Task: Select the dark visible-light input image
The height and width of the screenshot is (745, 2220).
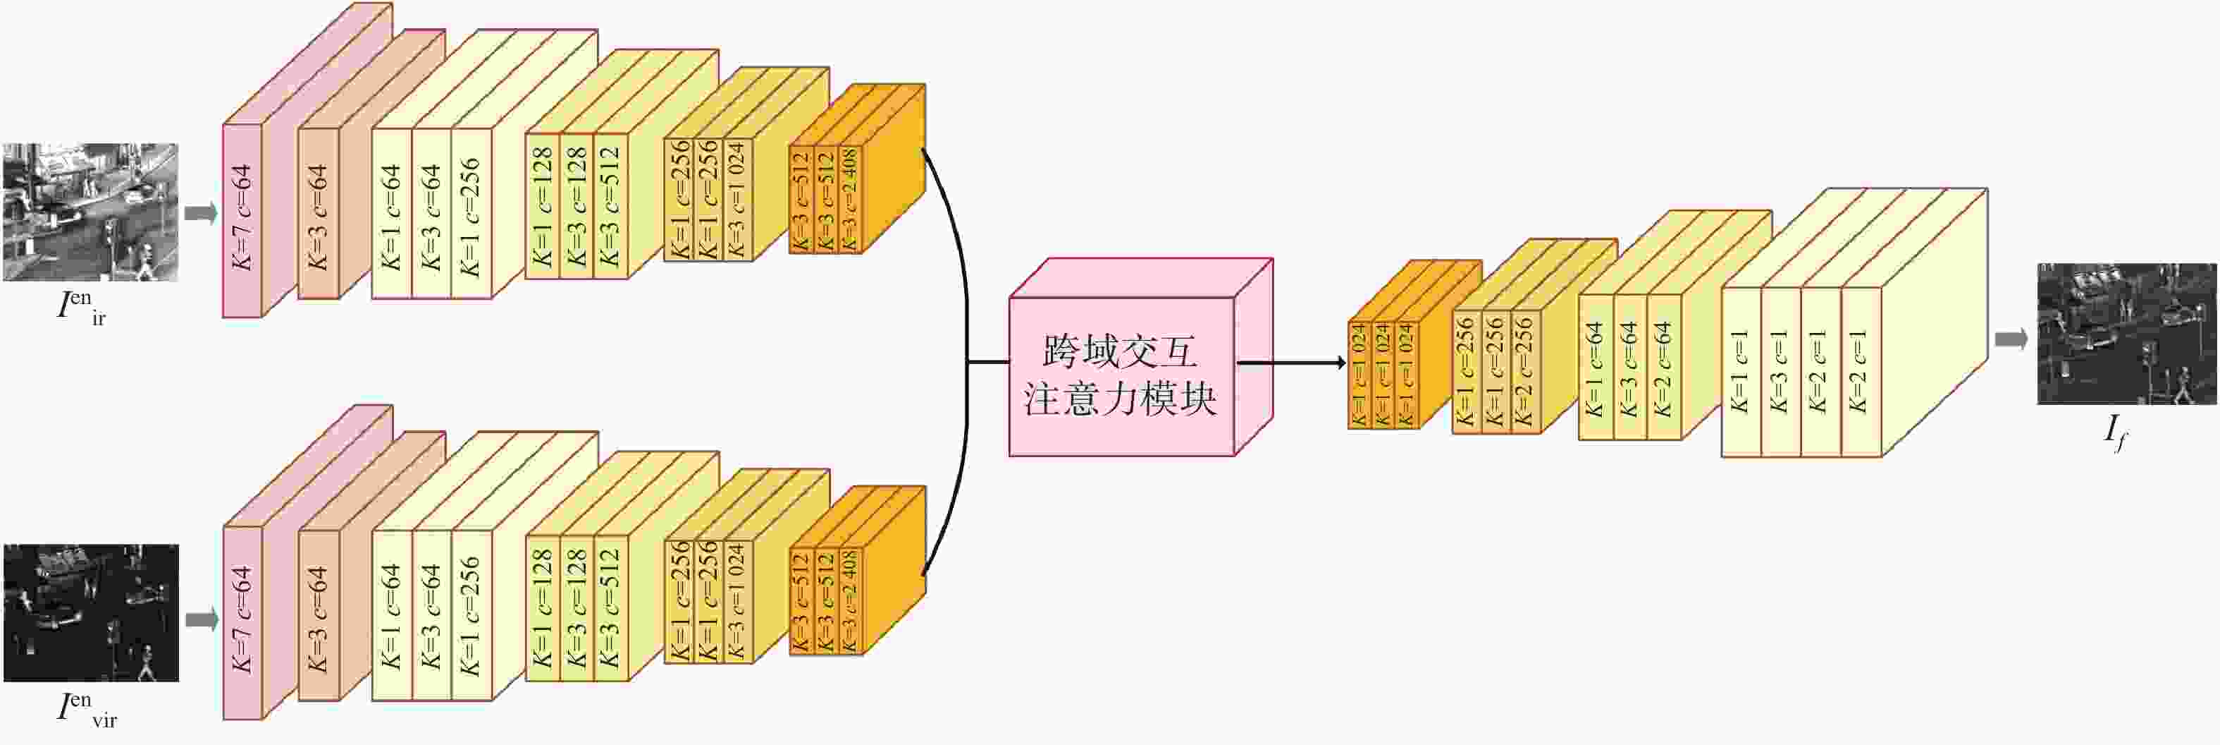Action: (x=90, y=612)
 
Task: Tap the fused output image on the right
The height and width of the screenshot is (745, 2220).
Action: (x=2125, y=334)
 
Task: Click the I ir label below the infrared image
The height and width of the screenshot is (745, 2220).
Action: (x=82, y=308)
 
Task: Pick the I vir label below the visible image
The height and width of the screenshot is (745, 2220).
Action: (x=86, y=710)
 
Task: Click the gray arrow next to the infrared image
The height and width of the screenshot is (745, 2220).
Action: (x=202, y=213)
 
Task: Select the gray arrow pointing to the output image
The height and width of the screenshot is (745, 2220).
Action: (x=2011, y=339)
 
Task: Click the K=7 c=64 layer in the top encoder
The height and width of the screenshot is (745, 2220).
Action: (x=242, y=220)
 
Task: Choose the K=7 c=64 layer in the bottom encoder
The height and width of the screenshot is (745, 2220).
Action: (x=242, y=621)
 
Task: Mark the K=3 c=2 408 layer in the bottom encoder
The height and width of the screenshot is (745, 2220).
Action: (x=850, y=601)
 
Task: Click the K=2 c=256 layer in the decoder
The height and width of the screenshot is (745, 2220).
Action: (x=1524, y=372)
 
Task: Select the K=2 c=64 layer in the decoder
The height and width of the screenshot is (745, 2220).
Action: (x=1663, y=369)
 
